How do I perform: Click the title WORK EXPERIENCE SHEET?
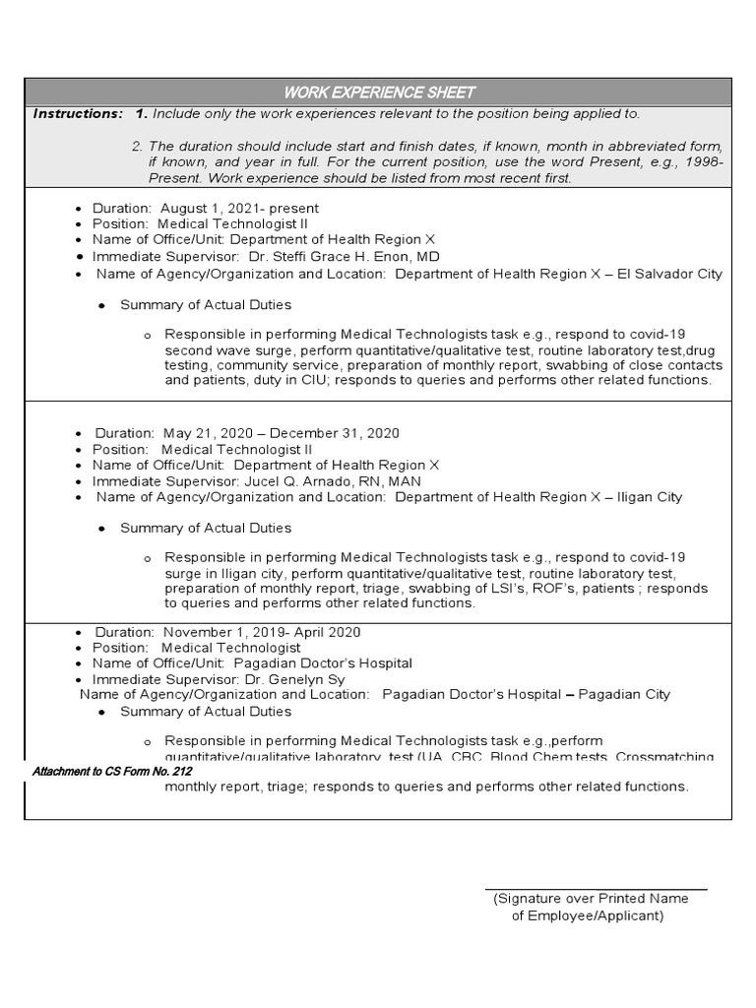pos(379,93)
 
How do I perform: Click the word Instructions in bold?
pos(77,114)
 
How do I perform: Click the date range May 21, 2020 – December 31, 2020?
pos(282,433)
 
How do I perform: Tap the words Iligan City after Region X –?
pos(650,497)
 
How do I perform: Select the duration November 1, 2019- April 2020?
pos(262,632)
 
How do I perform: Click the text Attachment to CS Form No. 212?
pos(111,772)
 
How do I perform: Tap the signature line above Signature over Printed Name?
pos(596,889)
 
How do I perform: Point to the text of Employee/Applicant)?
pos(588,915)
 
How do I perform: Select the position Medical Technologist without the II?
pos(231,648)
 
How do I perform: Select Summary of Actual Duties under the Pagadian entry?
pos(206,711)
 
